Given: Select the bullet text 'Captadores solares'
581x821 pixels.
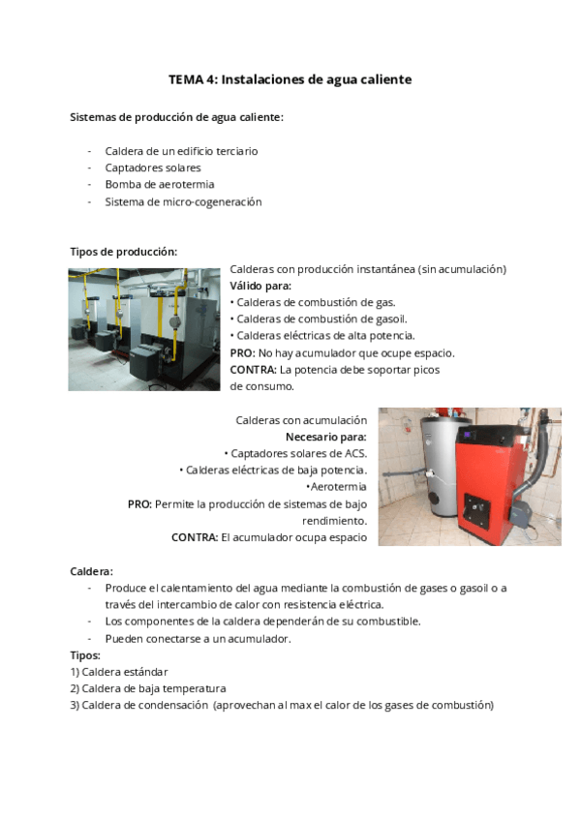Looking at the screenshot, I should pos(153,167).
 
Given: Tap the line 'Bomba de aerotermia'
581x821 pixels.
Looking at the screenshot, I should pos(160,184).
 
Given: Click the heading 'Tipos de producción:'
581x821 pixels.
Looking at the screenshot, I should pos(123,251).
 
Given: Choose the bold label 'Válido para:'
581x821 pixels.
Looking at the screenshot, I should pos(260,286).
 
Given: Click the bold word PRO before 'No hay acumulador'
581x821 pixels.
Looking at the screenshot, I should pos(242,352).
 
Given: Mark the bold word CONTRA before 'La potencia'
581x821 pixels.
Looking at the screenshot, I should pos(253,369).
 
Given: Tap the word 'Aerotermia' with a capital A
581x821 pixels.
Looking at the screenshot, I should pos(338,487).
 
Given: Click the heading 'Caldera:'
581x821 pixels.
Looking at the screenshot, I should pos(91,571).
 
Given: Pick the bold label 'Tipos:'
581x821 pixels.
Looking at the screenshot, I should pos(85,655).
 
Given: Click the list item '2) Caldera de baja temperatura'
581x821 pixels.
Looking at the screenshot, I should pos(148,688).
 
